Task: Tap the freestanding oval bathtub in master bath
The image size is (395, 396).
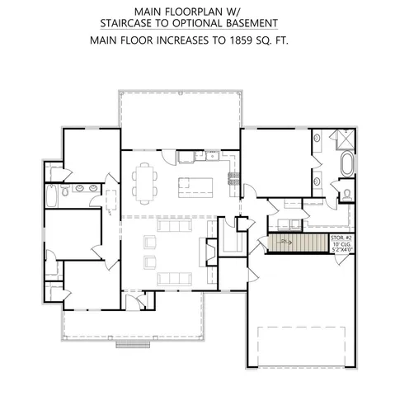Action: point(346,163)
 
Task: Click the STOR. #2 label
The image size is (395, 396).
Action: point(341,237)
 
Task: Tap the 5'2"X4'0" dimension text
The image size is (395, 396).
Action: point(341,250)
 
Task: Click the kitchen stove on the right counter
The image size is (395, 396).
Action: point(233,176)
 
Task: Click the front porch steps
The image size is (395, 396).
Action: point(134,344)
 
